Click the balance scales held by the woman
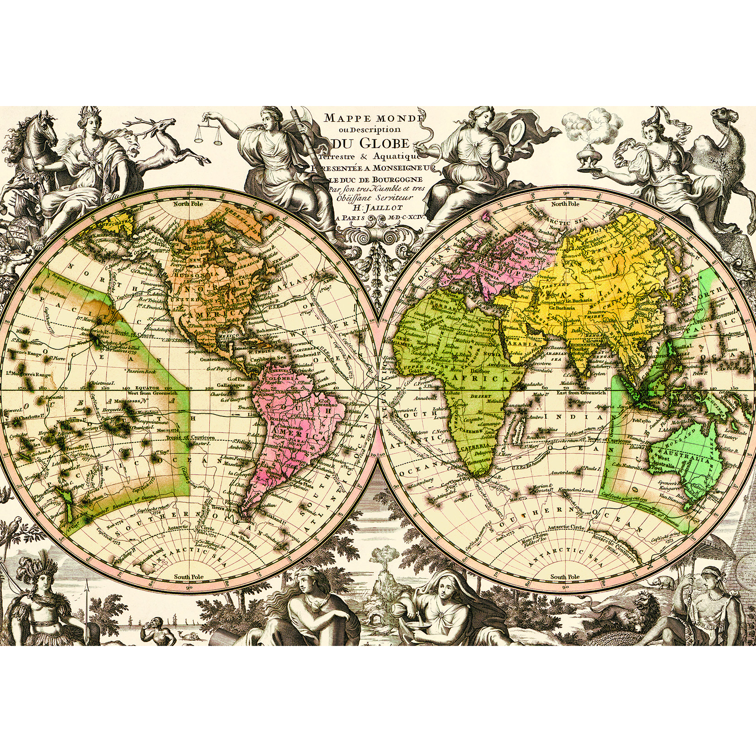click(x=206, y=137)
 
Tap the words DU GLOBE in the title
click(x=371, y=145)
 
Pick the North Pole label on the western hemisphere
click(x=188, y=204)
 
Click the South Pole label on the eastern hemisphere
click(x=565, y=577)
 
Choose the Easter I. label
click(x=200, y=443)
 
